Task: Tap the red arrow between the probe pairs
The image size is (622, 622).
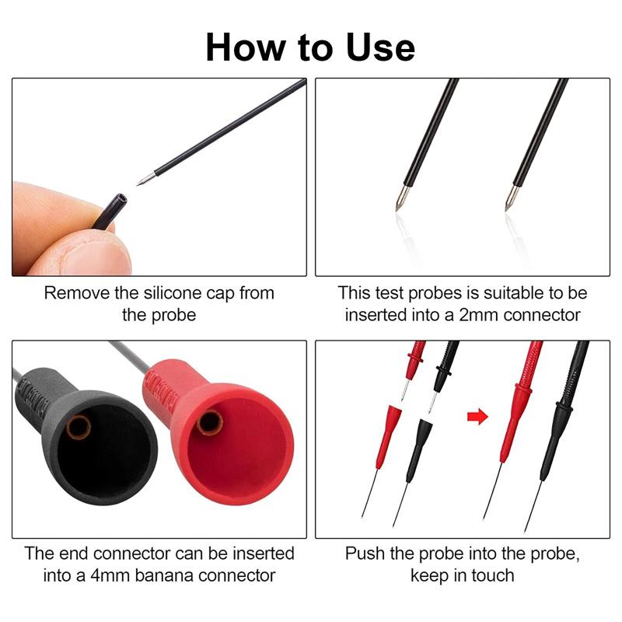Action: [475, 417]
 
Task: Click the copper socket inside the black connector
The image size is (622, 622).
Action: [78, 427]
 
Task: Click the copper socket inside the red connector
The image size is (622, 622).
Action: [210, 422]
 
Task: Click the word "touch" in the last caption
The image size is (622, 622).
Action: [491, 575]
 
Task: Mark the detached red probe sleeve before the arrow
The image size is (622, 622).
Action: [386, 435]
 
